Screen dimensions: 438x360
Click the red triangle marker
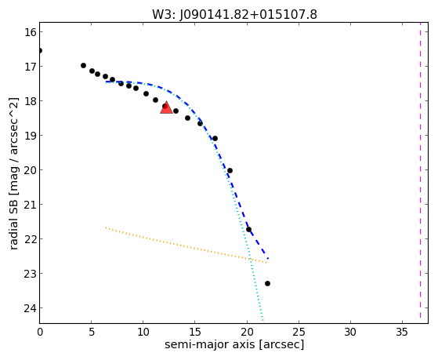click(166, 108)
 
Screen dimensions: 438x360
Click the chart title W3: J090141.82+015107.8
click(234, 14)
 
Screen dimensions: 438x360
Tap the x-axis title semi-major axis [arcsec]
click(234, 344)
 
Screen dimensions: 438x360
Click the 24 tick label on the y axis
click(31, 308)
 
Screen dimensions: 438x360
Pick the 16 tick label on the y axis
click(31, 32)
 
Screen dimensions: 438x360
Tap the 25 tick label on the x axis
click(299, 333)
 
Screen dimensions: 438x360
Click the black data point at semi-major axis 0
click(40, 51)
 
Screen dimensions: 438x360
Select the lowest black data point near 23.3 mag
click(267, 284)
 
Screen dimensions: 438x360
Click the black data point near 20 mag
click(230, 171)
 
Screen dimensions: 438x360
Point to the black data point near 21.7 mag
click(248, 230)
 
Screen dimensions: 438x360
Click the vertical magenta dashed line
click(420, 173)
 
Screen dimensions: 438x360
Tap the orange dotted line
click(186, 245)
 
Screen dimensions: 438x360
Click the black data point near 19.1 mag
click(215, 139)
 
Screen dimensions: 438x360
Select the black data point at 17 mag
click(83, 65)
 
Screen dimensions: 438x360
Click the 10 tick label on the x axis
click(143, 333)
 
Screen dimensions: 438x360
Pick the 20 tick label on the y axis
click(31, 170)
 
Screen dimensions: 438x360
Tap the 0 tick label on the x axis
click(40, 333)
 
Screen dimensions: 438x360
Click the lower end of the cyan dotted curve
click(262, 321)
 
